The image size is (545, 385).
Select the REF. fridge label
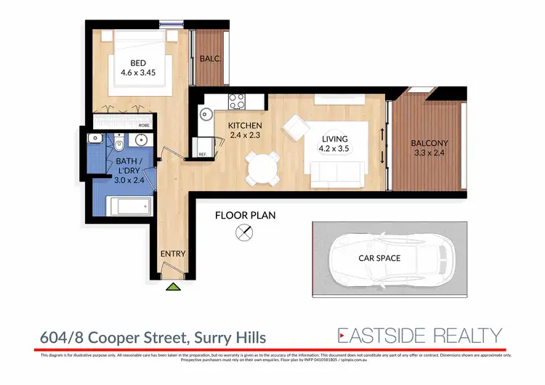pyautogui.click(x=202, y=153)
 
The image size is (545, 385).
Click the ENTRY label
pyautogui.click(x=173, y=254)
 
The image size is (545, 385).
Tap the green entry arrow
pyautogui.click(x=173, y=287)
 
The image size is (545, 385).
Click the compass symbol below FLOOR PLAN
pyautogui.click(x=245, y=233)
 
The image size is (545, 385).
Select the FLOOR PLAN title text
pyautogui.click(x=245, y=216)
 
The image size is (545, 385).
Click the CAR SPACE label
pyautogui.click(x=379, y=258)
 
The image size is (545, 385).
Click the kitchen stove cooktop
pyautogui.click(x=237, y=101)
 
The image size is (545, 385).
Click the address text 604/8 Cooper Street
pyautogui.click(x=153, y=337)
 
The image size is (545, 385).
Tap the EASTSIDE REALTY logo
pyautogui.click(x=419, y=335)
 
